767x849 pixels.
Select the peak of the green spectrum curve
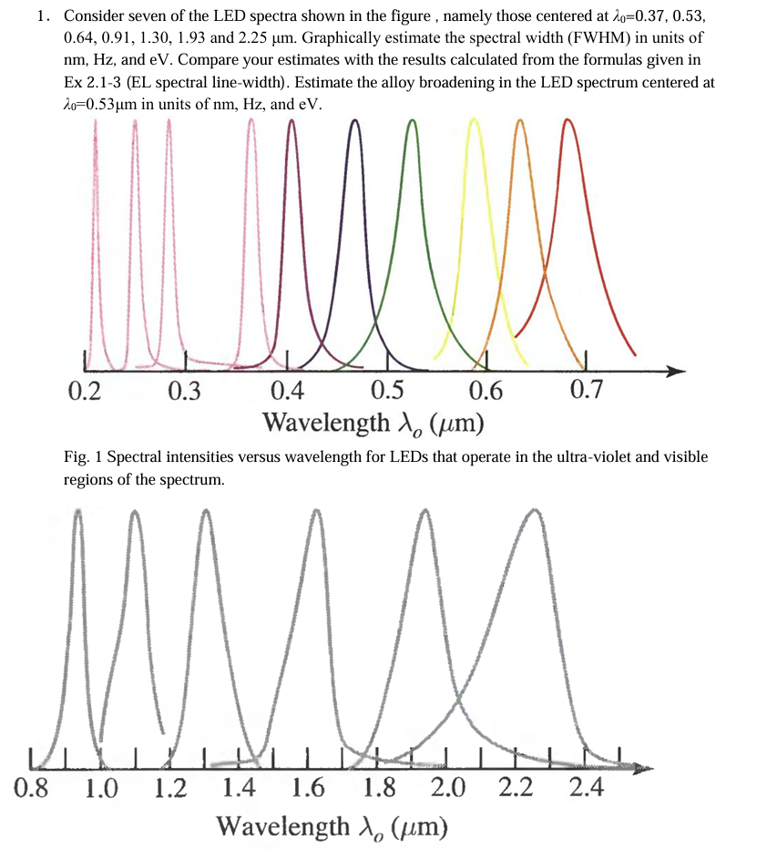412,121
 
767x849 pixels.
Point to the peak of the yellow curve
474,121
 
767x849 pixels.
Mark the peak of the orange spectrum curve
520,121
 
